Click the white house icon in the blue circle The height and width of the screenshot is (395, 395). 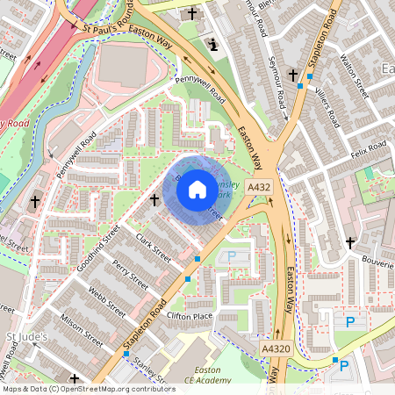pos(197,189)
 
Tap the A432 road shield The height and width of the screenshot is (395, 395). pos(259,188)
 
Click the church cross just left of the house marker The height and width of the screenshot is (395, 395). pos(155,200)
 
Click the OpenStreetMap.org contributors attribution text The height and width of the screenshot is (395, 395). pos(114,388)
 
